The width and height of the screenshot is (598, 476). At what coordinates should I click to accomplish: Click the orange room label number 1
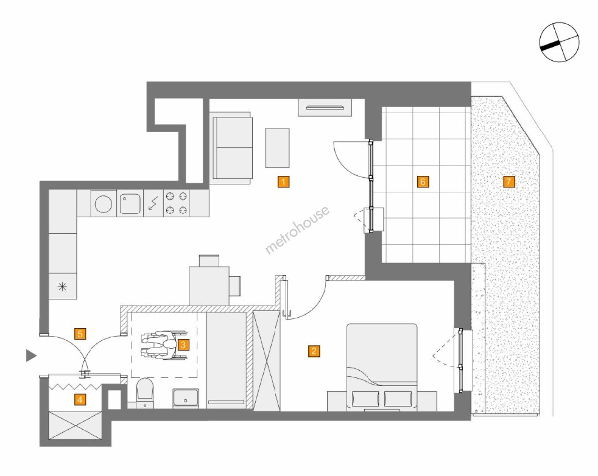pos(283,182)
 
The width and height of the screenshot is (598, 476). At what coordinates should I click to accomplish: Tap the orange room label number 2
pos(314,351)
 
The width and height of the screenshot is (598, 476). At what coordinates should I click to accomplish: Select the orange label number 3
pos(183,345)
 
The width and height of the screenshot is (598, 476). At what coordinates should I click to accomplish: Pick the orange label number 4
pos(80,400)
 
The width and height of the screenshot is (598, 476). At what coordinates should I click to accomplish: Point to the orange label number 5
pos(80,334)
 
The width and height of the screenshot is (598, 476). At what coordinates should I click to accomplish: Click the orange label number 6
pos(422,182)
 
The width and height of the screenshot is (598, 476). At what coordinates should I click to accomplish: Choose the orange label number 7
pos(508,182)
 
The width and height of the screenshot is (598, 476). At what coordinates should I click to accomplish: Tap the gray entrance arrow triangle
pos(31,356)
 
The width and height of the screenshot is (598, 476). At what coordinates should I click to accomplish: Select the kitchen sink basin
pos(130,204)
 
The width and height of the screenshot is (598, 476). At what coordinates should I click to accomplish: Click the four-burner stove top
pos(176,203)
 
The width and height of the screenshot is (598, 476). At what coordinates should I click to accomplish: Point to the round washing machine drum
pos(103,204)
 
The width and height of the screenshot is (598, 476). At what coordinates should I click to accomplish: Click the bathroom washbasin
pos(186,398)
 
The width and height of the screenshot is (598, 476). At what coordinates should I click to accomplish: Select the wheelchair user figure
pos(164,345)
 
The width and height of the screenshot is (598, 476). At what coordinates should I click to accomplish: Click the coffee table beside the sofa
pos(277,148)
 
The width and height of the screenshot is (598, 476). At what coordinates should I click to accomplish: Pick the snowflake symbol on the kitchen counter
pos(63,286)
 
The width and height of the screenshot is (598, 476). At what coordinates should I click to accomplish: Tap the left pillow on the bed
pos(365,399)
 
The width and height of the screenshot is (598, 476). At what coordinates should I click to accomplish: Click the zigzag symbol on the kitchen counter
pos(153,203)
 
